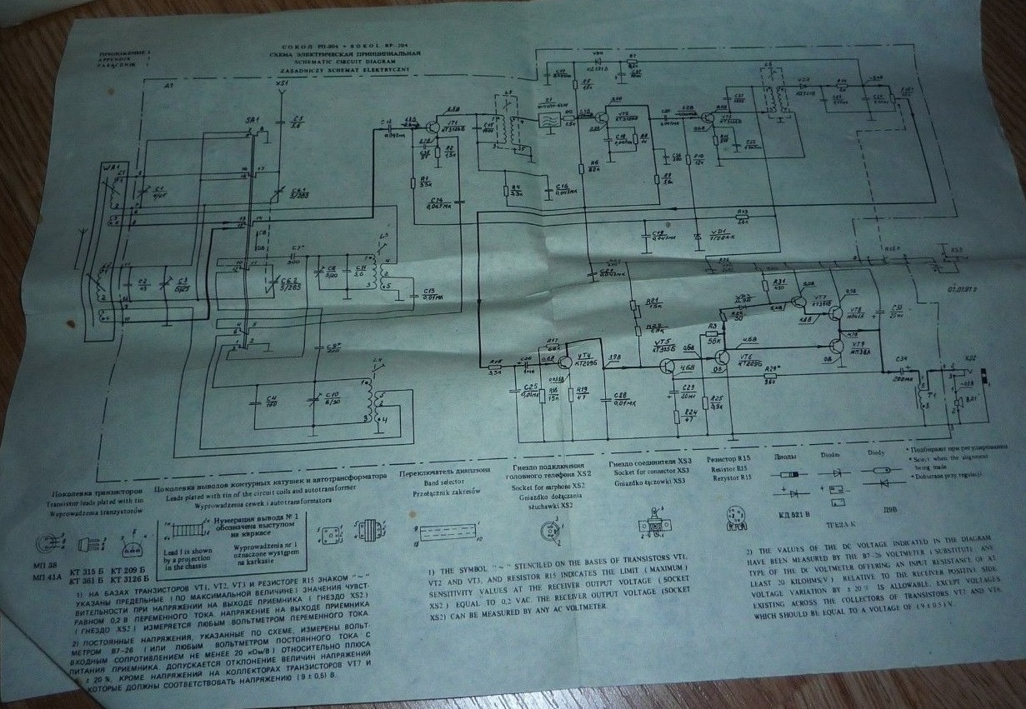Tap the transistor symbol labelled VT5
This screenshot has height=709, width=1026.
[x=667, y=365]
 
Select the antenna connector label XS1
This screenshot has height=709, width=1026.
[x=282, y=85]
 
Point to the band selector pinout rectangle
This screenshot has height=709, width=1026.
[x=451, y=530]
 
